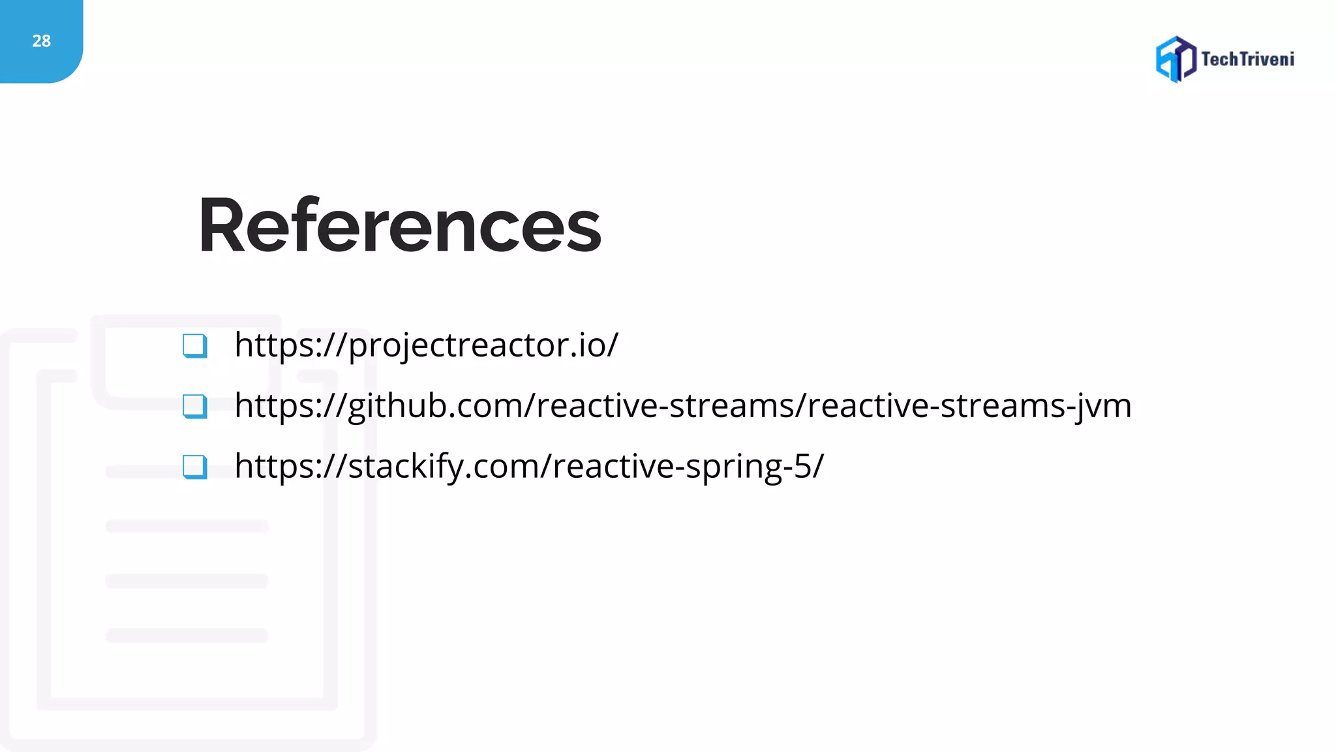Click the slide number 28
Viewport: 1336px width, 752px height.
[x=41, y=41]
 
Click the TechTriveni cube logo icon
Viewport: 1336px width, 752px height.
[x=1176, y=59]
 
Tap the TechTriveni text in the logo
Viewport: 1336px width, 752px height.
[x=1247, y=59]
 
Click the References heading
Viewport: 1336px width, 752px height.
[x=399, y=226]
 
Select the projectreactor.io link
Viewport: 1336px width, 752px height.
[x=426, y=345]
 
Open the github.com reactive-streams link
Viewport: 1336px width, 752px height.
[x=682, y=406]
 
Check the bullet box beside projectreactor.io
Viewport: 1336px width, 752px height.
[x=194, y=346]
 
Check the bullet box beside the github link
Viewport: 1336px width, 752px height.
[x=194, y=406]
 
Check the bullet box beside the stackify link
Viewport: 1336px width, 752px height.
[x=194, y=467]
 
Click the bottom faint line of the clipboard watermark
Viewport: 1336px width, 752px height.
[x=187, y=635]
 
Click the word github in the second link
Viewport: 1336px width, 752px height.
[x=401, y=406]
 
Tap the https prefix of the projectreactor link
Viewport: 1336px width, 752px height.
[x=275, y=345]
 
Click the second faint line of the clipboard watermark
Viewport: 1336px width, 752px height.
[x=187, y=526]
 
